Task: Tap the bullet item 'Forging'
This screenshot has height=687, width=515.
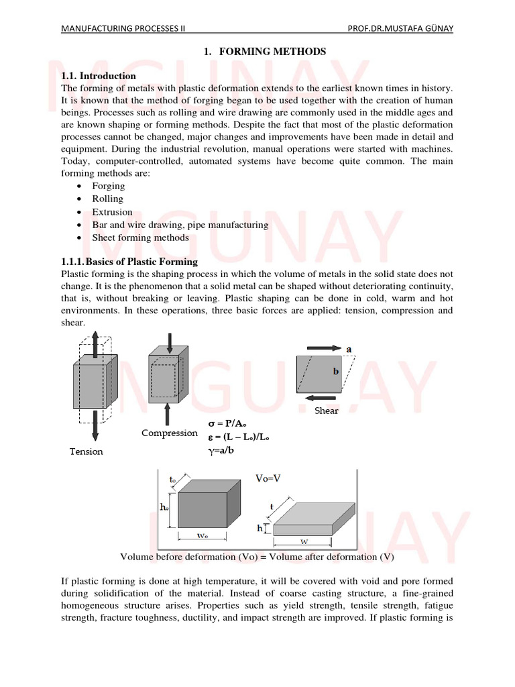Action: pyautogui.click(x=109, y=186)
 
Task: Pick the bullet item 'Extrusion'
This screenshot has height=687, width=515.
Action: pyautogui.click(x=113, y=212)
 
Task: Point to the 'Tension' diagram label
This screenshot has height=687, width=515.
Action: pyautogui.click(x=87, y=452)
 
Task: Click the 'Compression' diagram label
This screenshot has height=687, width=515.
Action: pyautogui.click(x=170, y=433)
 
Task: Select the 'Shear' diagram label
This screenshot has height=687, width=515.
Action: pyautogui.click(x=327, y=411)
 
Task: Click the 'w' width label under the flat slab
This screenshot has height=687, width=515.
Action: pyautogui.click(x=304, y=540)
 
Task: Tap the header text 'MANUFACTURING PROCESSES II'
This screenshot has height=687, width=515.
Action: pyautogui.click(x=123, y=29)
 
